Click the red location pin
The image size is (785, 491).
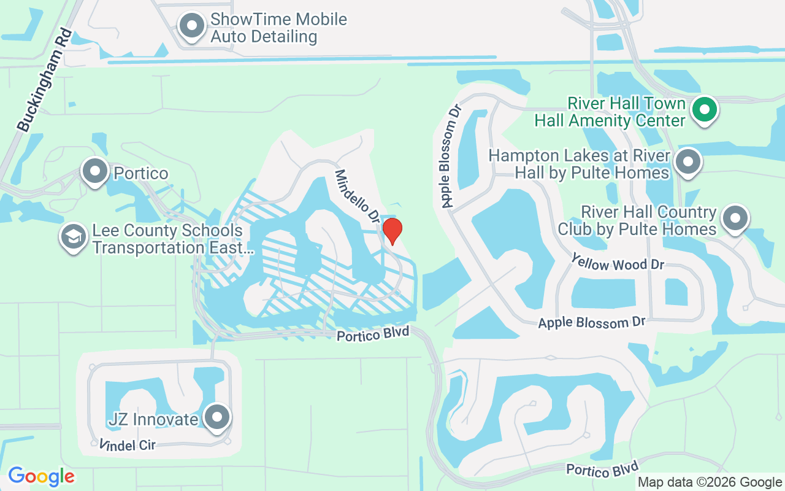click(x=392, y=231)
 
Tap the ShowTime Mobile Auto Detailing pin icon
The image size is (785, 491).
click(x=192, y=26)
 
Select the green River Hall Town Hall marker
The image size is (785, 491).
click(x=705, y=110)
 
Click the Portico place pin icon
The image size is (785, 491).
click(x=95, y=172)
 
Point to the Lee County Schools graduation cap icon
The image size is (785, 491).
click(x=73, y=238)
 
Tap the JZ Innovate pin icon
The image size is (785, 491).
click(x=216, y=418)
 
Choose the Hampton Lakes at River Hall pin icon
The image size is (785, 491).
click(x=687, y=163)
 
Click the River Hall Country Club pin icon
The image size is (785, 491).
click(x=735, y=218)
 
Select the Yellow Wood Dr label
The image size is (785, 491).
click(x=618, y=263)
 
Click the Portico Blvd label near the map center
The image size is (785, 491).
click(x=372, y=334)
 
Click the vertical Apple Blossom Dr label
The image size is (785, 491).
click(x=450, y=156)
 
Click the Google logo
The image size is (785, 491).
click(x=41, y=476)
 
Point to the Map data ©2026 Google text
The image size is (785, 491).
click(x=709, y=482)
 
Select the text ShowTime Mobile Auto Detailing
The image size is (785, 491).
click(x=278, y=28)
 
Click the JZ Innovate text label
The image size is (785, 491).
click(x=153, y=419)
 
